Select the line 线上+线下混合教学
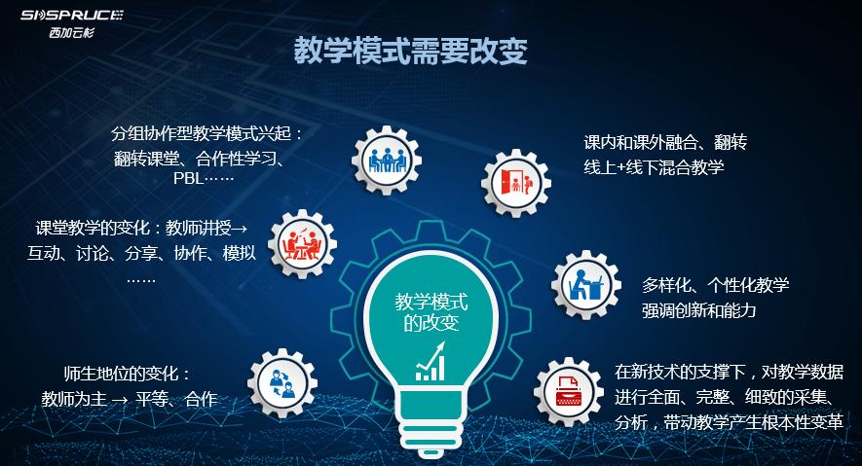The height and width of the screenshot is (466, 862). click(654, 166)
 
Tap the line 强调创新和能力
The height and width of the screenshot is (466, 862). click(698, 310)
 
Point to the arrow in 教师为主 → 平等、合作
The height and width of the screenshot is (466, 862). click(120, 400)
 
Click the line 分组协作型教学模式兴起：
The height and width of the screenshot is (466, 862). click(208, 133)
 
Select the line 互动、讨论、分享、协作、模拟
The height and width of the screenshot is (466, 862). click(141, 254)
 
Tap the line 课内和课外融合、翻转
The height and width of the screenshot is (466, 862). click(665, 142)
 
